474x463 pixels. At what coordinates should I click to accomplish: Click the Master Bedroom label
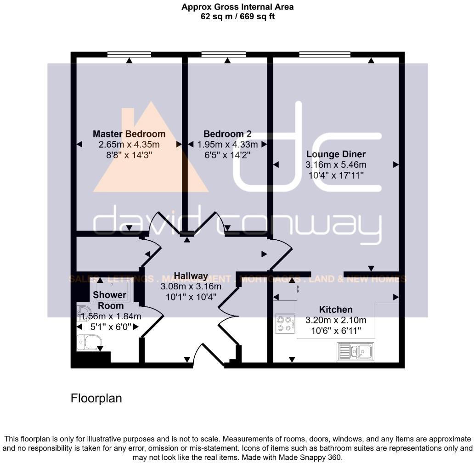tap(129, 134)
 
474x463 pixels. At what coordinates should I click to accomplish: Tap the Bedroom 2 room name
tap(227, 134)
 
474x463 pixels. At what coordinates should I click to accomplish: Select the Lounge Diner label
tap(336, 154)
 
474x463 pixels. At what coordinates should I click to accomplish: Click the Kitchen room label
tap(336, 310)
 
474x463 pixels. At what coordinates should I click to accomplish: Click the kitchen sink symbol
tap(355, 352)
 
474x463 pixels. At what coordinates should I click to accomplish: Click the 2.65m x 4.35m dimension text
tap(129, 144)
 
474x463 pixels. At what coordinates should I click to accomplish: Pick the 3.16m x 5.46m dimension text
tap(336, 164)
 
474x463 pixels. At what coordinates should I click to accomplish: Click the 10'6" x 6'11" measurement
tap(336, 330)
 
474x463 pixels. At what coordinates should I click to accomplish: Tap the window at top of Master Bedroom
tap(130, 54)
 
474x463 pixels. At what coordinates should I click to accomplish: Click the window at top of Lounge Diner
tap(325, 54)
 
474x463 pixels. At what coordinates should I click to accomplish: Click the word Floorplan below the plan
tap(96, 398)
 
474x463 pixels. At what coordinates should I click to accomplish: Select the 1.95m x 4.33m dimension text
tap(227, 144)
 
